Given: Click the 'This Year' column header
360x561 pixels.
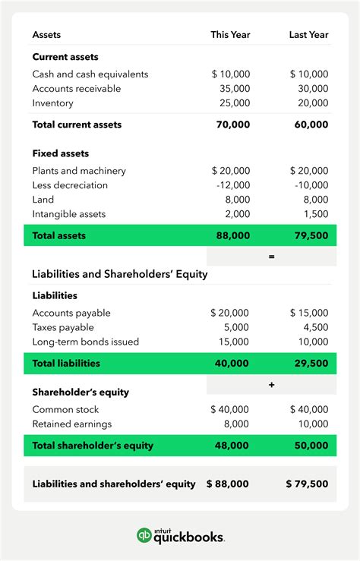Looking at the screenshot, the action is point(230,35).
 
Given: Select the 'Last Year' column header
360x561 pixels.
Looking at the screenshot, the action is point(308,35).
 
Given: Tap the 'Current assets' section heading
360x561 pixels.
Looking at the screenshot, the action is point(65,57).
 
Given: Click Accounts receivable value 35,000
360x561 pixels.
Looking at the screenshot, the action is point(234,89).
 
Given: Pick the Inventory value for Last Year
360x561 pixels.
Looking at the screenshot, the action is point(313,103).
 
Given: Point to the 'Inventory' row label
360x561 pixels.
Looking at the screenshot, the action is point(53,103).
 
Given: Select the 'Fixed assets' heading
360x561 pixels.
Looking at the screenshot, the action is point(61,153).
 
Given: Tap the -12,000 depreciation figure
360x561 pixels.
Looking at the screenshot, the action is point(231,185).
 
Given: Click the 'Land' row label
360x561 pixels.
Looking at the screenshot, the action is point(43,200).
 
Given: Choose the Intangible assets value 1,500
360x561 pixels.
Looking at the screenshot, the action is point(315,214).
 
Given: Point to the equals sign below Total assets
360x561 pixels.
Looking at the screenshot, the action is point(271,257).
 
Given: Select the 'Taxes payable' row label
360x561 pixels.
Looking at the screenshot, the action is point(63,327).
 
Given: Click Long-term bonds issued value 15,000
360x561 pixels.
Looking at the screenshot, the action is point(234,342).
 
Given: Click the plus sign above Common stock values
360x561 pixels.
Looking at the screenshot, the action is point(271,385).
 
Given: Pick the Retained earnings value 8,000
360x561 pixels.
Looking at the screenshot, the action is point(237,424).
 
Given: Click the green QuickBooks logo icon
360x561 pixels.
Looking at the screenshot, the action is point(144,536).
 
